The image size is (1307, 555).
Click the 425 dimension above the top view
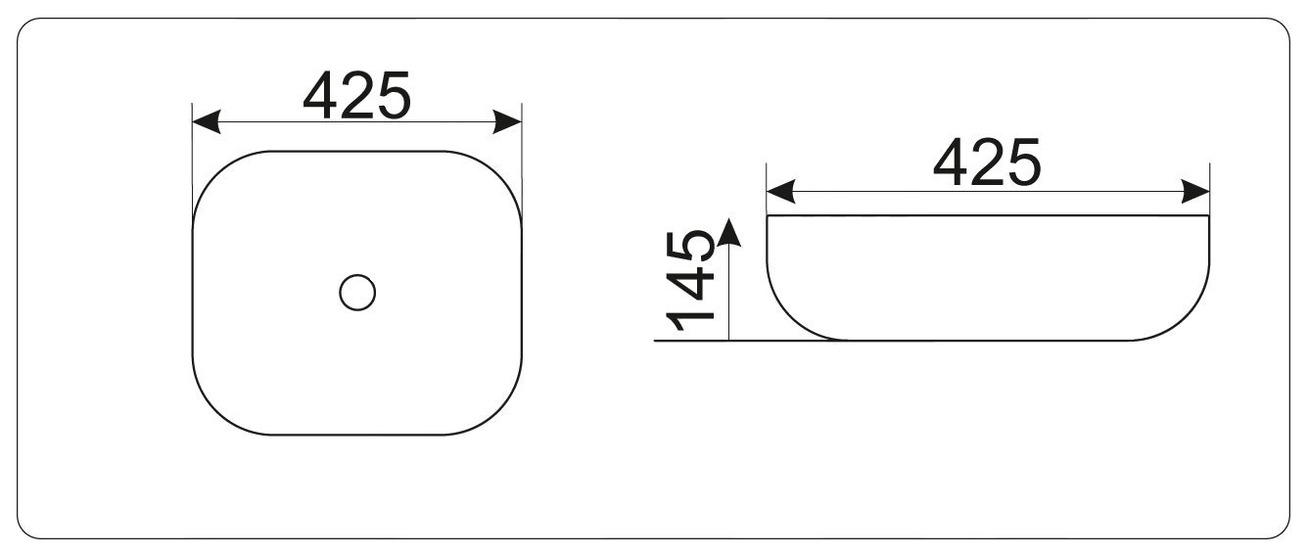click(x=357, y=96)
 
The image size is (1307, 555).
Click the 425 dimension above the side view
click(x=987, y=162)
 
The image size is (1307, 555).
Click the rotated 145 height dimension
click(x=690, y=280)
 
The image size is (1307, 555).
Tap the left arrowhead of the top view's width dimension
click(x=206, y=121)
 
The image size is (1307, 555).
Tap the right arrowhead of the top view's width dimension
click(x=507, y=121)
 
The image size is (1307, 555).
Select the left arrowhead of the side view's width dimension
click(x=780, y=192)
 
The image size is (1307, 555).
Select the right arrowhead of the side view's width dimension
click(x=1195, y=192)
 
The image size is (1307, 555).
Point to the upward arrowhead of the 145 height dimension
click(x=728, y=232)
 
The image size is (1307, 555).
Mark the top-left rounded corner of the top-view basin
click(x=216, y=175)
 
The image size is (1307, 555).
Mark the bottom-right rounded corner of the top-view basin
click(x=497, y=411)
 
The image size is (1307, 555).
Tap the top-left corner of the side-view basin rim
click(x=768, y=216)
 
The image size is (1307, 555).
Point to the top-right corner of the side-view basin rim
click(x=1209, y=216)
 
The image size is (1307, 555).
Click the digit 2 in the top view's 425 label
click(x=357, y=95)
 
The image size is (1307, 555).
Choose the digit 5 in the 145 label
click(x=691, y=246)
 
